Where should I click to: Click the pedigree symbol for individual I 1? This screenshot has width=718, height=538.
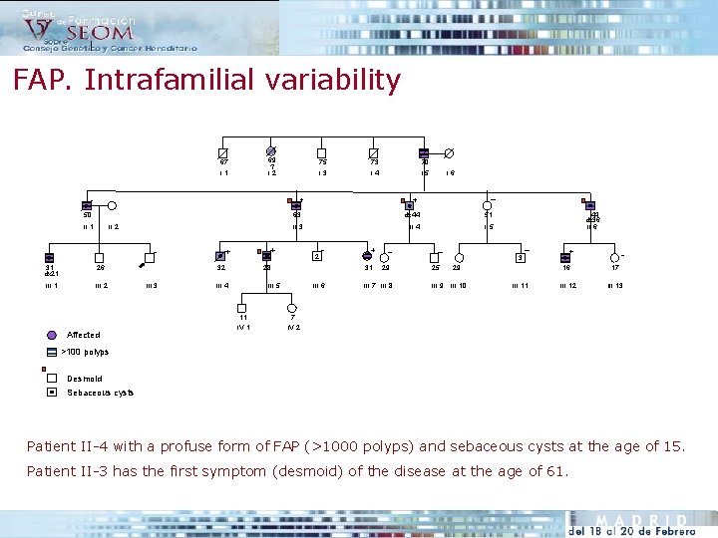click(223, 152)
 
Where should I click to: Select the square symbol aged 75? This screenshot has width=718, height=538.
click(321, 152)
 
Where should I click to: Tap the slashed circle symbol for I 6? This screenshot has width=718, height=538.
click(449, 152)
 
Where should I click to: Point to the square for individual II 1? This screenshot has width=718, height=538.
click(88, 205)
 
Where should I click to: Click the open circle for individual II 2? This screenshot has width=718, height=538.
click(113, 205)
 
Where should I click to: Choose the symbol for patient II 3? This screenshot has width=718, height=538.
click(296, 205)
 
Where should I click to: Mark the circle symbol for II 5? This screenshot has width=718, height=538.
click(489, 205)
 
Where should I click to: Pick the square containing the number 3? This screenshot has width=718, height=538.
click(520, 258)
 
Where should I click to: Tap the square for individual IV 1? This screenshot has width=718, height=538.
click(242, 309)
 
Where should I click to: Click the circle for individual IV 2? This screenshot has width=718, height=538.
click(291, 309)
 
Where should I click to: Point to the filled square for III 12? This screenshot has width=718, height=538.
click(566, 258)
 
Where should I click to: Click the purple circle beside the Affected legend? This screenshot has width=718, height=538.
click(53, 335)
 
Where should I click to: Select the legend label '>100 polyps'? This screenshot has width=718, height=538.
click(86, 352)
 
